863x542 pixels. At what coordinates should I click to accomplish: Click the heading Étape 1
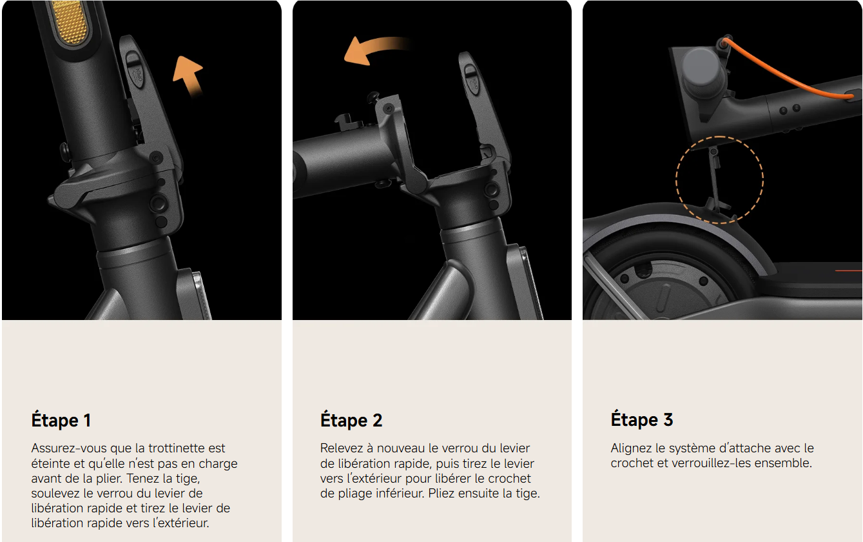pyautogui.click(x=61, y=419)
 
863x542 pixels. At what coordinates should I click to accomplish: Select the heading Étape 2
pyautogui.click(x=351, y=419)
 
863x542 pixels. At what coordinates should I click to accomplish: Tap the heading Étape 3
pyautogui.click(x=641, y=419)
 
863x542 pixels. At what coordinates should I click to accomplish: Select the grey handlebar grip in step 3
pyautogui.click(x=704, y=74)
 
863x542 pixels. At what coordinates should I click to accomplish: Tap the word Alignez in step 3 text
pyautogui.click(x=631, y=448)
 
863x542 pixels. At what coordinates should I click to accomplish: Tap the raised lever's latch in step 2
pyautogui.click(x=471, y=79)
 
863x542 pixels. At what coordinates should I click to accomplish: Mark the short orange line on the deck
pyautogui.click(x=848, y=271)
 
